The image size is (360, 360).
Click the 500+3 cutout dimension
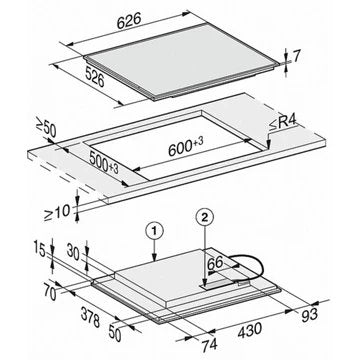point(104,164)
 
